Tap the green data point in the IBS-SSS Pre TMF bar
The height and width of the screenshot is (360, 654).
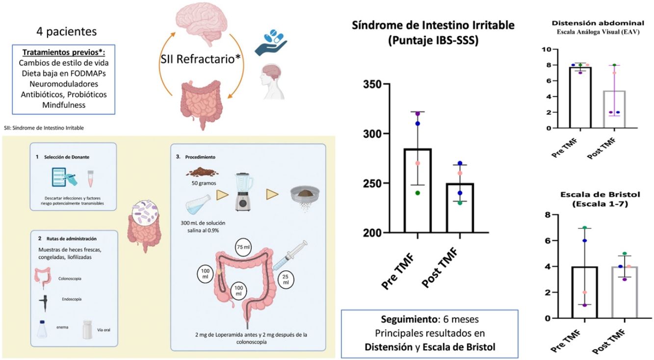click(x=418, y=193)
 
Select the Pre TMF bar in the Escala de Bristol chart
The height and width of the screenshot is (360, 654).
click(x=584, y=292)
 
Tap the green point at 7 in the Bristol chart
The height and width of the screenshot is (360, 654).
click(x=585, y=228)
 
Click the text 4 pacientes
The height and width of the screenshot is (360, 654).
click(x=66, y=32)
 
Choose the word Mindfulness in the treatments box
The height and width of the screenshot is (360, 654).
click(x=64, y=105)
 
